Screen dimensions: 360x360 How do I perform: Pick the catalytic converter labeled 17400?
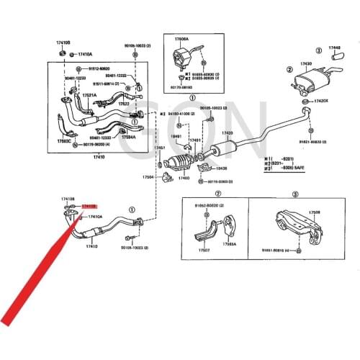click(184, 177)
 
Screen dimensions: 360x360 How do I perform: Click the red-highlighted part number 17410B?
click(89, 206)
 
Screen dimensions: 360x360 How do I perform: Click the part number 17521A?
click(89, 95)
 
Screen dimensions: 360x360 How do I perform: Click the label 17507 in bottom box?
click(204, 251)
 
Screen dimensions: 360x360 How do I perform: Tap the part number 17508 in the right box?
click(315, 212)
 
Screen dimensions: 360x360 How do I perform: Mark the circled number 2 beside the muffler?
click(289, 71)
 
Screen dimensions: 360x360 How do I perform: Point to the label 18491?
click(175, 136)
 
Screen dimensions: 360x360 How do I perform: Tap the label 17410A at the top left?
click(85, 54)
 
